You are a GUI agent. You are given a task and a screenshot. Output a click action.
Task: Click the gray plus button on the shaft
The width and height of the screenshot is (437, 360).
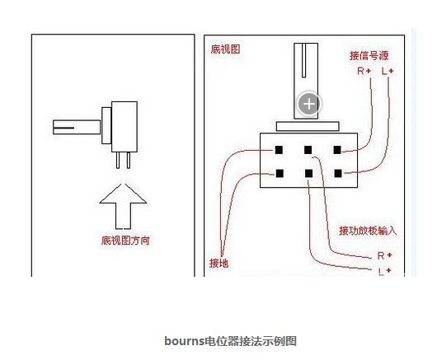(309, 104)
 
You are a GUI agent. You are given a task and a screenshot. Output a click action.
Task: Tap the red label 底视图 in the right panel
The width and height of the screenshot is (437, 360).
(225, 49)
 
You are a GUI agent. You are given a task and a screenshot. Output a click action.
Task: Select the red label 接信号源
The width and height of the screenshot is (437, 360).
(369, 56)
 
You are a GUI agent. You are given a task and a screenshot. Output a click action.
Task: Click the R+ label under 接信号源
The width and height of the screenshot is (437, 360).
(364, 72)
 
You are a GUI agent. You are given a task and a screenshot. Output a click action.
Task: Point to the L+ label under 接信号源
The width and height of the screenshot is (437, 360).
(388, 72)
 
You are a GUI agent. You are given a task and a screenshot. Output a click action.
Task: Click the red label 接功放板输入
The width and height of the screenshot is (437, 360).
(368, 231)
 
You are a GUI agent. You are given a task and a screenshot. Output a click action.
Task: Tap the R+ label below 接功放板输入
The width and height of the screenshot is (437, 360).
(384, 255)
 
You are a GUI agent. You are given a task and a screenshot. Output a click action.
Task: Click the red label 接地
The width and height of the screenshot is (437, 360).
(219, 263)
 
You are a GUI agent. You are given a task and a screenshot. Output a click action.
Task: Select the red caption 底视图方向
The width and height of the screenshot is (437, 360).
(125, 241)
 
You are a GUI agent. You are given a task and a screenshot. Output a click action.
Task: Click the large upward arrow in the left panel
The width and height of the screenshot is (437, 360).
(123, 207)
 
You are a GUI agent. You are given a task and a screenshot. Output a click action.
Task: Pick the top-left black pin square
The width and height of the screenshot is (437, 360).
(279, 150)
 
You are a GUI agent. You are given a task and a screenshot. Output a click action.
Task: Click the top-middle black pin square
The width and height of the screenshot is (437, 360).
(308, 150)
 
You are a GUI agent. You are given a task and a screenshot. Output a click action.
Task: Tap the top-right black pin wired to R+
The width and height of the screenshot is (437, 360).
(337, 150)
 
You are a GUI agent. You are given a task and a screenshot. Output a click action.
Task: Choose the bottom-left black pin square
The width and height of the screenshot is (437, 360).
(280, 174)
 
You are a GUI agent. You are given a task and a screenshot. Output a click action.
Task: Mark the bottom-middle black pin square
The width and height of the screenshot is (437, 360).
(309, 174)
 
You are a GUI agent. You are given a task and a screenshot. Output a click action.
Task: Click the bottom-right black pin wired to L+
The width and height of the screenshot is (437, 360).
(338, 174)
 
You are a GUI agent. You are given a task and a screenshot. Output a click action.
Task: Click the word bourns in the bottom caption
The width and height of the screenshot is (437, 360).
(185, 341)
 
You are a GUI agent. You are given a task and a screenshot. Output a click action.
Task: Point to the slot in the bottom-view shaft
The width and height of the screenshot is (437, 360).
(303, 60)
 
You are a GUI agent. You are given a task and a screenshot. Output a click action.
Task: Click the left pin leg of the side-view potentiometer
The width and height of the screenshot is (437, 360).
(118, 161)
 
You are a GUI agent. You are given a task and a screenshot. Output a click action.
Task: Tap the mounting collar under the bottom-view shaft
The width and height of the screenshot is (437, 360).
(308, 126)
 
